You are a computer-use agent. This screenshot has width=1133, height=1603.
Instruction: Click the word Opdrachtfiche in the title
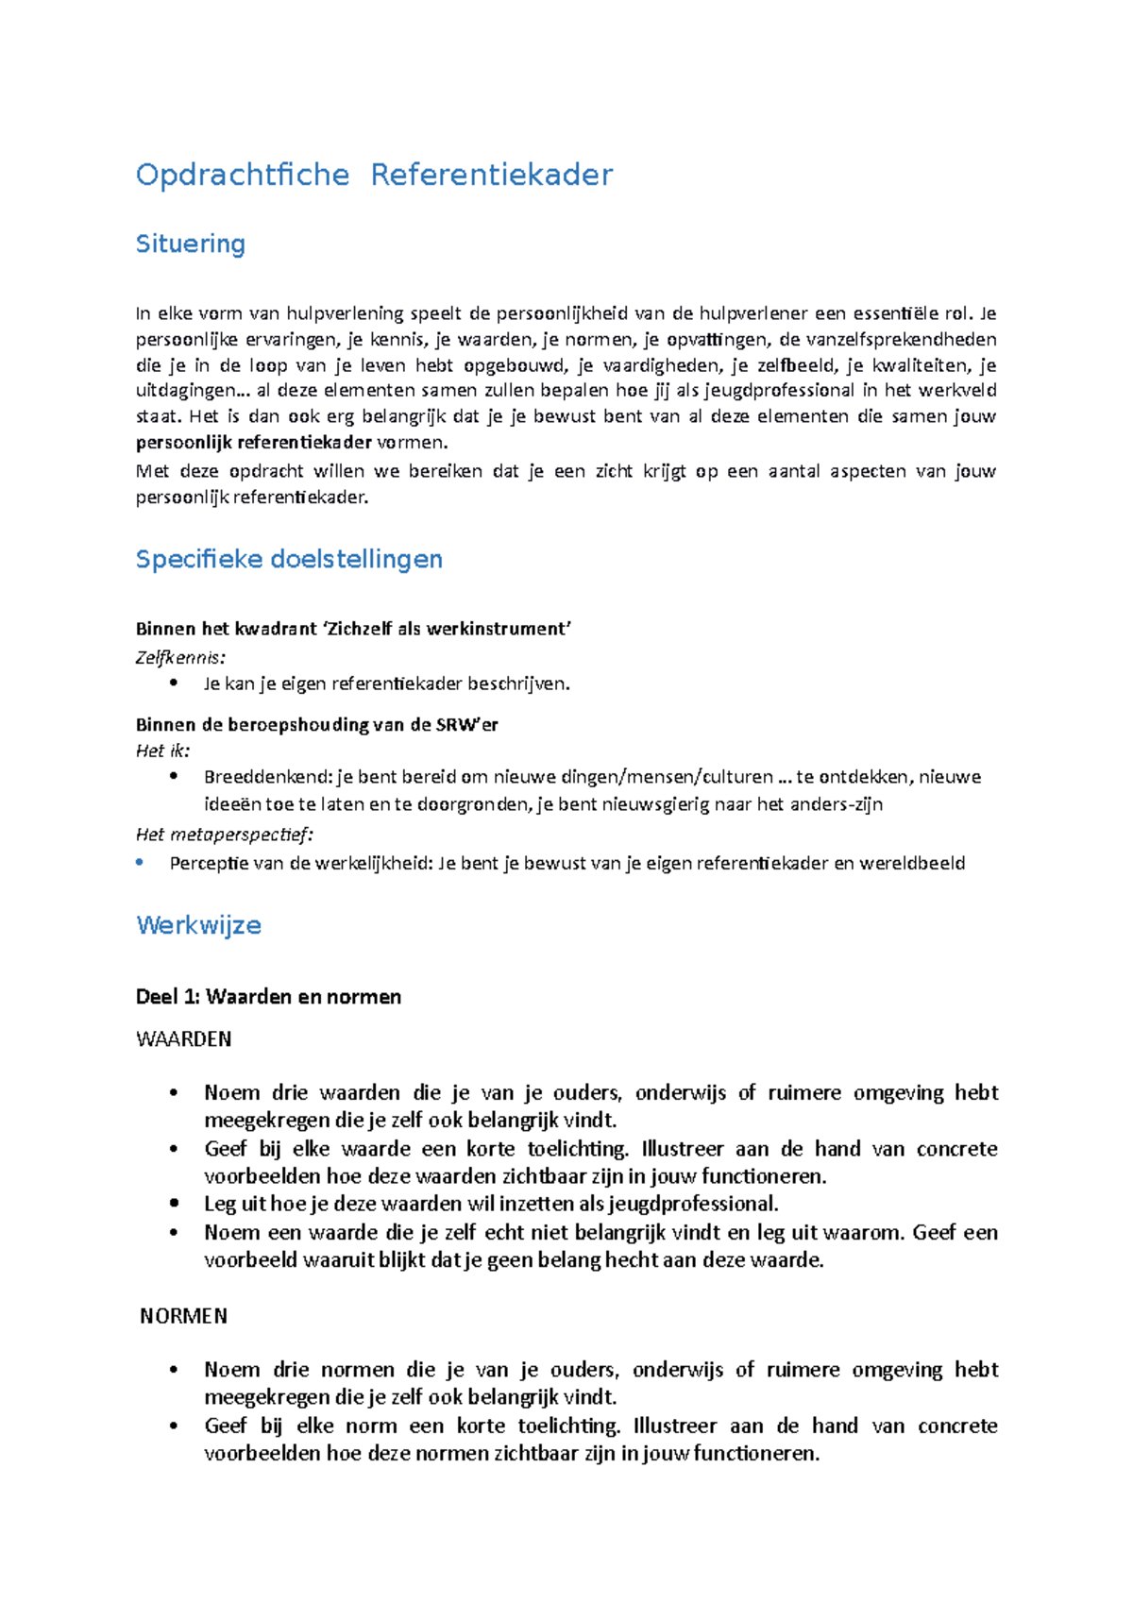[243, 175]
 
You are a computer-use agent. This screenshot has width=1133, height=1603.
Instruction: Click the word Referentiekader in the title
[491, 175]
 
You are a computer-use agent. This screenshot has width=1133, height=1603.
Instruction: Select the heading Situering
[191, 244]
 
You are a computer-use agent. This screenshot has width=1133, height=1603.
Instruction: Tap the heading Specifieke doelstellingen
[289, 559]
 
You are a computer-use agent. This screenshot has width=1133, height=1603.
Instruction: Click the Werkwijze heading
[198, 925]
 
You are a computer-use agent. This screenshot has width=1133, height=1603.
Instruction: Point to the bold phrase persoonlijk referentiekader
[254, 443]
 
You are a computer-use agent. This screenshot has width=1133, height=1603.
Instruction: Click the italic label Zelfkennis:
[180, 657]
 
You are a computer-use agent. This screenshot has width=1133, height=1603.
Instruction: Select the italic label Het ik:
[162, 751]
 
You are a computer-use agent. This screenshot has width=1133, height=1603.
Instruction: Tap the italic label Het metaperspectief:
[224, 835]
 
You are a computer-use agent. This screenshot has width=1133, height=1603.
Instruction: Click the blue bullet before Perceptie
[140, 862]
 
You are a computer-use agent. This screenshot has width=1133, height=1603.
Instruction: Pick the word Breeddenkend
[266, 777]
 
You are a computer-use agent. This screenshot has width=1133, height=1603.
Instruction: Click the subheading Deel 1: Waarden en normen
[268, 997]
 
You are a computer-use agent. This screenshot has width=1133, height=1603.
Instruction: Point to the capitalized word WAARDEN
[184, 1039]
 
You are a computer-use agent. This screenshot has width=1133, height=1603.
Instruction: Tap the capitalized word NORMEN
[184, 1316]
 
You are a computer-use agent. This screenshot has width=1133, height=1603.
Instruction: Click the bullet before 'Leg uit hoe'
[174, 1204]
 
